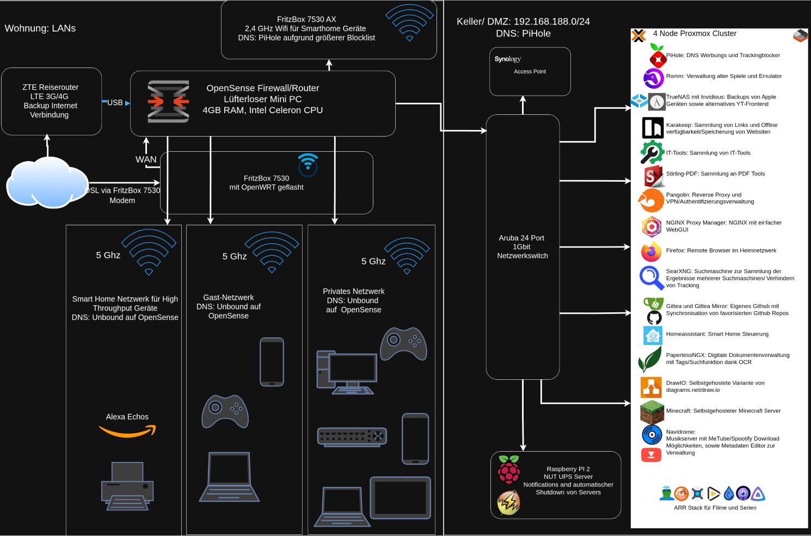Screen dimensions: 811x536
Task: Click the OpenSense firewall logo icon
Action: tap(168, 102)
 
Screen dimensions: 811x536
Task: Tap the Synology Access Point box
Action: tap(530, 72)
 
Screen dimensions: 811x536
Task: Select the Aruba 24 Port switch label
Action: tap(523, 247)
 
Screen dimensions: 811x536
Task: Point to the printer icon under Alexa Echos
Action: tap(127, 486)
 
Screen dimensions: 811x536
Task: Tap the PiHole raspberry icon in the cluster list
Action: tap(658, 56)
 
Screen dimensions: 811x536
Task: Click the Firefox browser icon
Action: tap(652, 251)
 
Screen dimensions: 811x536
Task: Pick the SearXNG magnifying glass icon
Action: tap(652, 278)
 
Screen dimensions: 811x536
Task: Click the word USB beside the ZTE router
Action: tap(115, 103)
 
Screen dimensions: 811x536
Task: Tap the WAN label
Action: tap(146, 159)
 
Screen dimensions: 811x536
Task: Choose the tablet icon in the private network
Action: tap(401, 498)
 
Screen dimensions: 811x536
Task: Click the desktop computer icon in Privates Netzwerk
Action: tap(347, 372)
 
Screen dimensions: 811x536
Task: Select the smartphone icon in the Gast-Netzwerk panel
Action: tap(272, 362)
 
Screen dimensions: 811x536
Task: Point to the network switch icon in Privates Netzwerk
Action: tap(352, 436)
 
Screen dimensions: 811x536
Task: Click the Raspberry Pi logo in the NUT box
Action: tap(509, 470)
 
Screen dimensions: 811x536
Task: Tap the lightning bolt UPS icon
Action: tap(509, 503)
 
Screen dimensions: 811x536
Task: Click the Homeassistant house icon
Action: tap(653, 336)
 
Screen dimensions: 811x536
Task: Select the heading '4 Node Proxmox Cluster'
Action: tap(695, 34)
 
